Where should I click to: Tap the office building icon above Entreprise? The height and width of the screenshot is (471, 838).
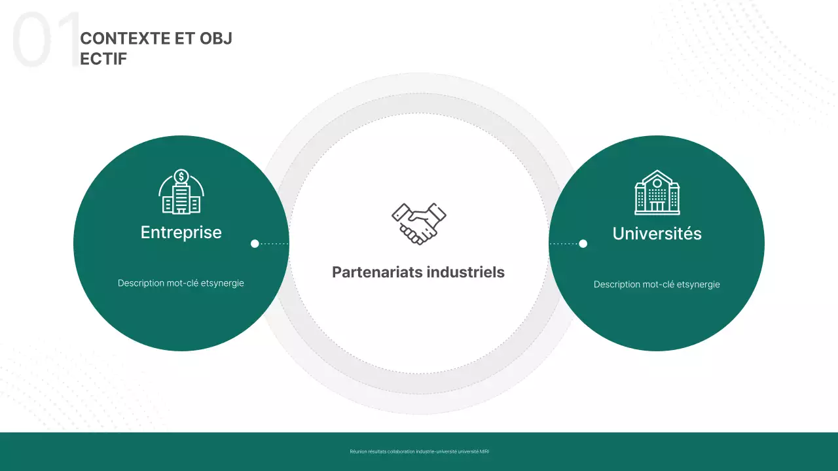(x=181, y=192)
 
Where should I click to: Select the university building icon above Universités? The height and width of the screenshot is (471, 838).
(x=657, y=192)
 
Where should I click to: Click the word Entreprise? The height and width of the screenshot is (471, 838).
(x=181, y=232)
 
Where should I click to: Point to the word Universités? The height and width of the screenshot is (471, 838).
(x=657, y=234)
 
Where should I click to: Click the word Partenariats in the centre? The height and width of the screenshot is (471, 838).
(x=374, y=272)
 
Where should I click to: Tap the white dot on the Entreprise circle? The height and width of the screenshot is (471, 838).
(x=255, y=244)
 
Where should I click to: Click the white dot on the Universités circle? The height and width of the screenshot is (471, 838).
(x=583, y=244)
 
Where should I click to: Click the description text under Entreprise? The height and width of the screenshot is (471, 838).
(x=181, y=283)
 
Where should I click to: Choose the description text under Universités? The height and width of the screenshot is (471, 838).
(x=657, y=285)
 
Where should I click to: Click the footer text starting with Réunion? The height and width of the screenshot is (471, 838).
(x=419, y=451)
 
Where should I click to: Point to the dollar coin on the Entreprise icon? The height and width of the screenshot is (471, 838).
(x=181, y=176)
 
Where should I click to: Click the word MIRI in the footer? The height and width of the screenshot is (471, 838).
(x=484, y=451)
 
